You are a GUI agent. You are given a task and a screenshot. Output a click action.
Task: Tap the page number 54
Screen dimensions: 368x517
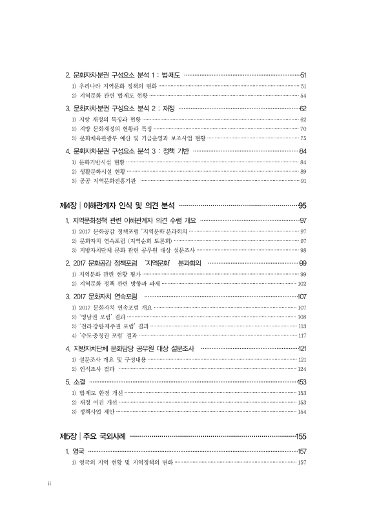(x=303, y=95)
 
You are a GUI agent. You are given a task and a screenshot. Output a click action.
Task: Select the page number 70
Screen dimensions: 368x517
(x=303, y=129)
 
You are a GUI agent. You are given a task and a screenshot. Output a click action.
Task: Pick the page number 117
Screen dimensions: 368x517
(x=302, y=335)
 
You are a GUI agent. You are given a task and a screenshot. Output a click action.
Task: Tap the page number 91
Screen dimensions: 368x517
(x=303, y=181)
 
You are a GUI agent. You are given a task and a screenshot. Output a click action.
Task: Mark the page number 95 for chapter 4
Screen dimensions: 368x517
(x=302, y=206)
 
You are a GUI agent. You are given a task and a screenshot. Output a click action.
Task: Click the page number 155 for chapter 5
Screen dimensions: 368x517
(x=300, y=436)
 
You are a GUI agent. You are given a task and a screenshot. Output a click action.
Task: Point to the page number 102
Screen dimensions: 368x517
(x=302, y=283)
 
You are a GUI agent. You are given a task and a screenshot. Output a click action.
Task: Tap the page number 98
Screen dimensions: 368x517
(x=303, y=249)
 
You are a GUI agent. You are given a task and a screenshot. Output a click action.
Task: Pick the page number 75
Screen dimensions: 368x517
(x=303, y=138)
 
